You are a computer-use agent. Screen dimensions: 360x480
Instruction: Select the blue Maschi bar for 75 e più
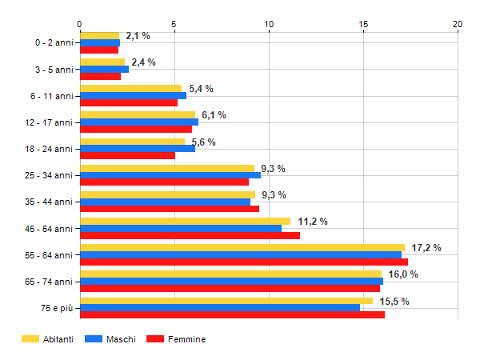coord(220,308)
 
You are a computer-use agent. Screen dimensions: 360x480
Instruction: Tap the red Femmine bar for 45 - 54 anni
coord(190,235)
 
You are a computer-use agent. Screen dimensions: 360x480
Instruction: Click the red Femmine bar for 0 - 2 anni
coord(99,50)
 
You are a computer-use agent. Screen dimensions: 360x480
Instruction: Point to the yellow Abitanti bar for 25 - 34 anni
coord(167,168)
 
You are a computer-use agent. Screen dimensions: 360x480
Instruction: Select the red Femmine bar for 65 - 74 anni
coord(230,288)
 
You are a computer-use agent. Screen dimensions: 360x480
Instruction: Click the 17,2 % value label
coord(426,248)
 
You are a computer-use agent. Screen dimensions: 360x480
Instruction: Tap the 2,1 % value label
coord(138,36)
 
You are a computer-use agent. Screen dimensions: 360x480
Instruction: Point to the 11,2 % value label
coord(312,222)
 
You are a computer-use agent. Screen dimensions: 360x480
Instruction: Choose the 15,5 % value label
coord(394,301)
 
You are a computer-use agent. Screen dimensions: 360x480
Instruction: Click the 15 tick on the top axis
coord(363,24)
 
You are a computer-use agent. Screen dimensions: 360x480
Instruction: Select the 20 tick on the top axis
coord(458,24)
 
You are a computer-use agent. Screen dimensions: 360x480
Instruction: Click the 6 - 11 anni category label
coord(54,96)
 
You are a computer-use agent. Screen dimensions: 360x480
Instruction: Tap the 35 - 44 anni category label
coord(52,202)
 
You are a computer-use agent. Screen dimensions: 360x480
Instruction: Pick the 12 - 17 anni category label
coord(52,122)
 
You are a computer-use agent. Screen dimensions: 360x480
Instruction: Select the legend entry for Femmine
coord(186,339)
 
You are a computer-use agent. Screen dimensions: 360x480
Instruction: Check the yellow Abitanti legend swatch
coord(30,339)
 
